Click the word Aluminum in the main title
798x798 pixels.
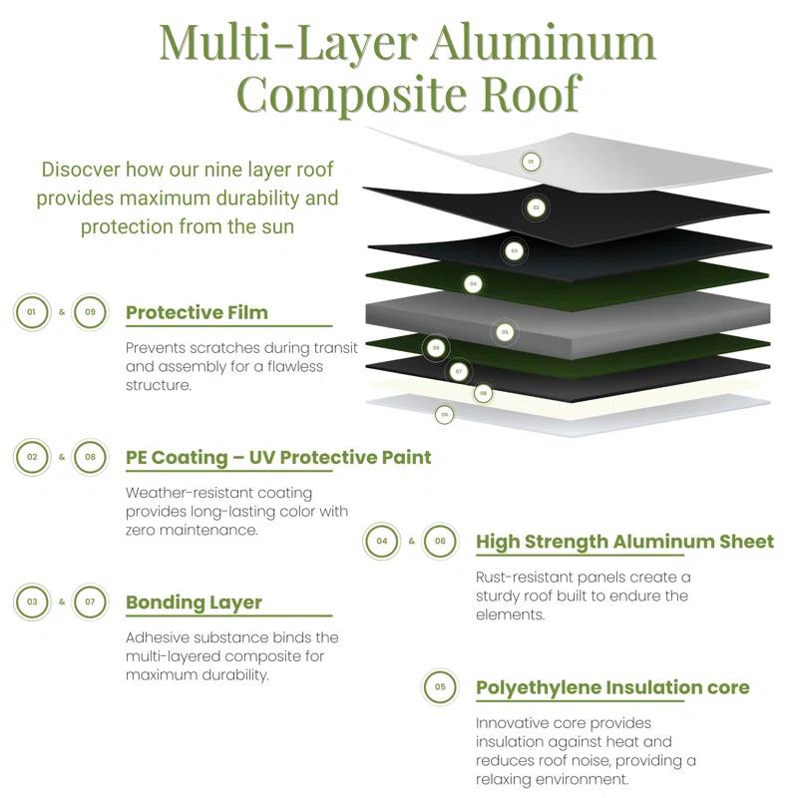(x=543, y=43)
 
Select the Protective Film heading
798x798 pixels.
(x=197, y=312)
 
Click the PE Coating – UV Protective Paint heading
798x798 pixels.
(x=278, y=458)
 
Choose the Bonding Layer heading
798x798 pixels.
(x=194, y=602)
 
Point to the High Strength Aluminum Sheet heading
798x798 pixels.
(x=625, y=542)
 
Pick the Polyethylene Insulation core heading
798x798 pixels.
(x=612, y=687)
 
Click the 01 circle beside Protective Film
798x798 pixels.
(x=32, y=312)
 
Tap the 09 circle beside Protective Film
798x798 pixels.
(x=90, y=312)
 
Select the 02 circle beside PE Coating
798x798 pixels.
(x=32, y=457)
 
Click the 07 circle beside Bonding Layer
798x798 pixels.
(x=90, y=601)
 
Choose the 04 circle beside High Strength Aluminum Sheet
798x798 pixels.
(x=382, y=541)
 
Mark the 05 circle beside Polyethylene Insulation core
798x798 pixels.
(x=440, y=686)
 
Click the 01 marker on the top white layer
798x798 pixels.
(x=531, y=162)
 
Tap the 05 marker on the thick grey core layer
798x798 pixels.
(x=505, y=332)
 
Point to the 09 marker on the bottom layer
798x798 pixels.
(x=444, y=415)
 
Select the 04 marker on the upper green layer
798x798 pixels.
(x=473, y=284)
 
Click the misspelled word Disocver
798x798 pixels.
(x=81, y=170)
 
